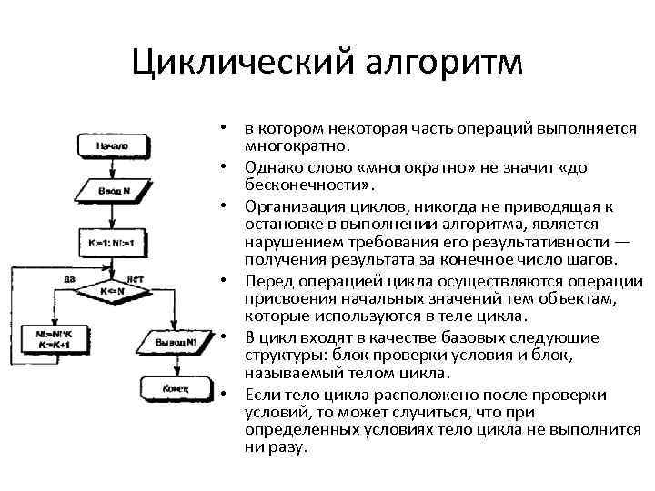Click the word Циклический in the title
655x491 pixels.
tap(239, 65)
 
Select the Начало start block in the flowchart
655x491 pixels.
tap(110, 145)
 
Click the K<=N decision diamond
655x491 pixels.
tap(111, 291)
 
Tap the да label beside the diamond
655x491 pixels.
tap(70, 278)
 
